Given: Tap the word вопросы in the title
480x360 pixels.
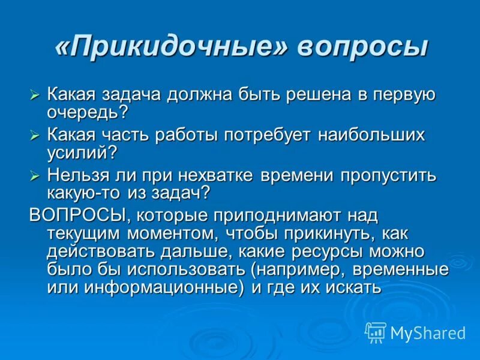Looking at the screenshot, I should click(x=362, y=47).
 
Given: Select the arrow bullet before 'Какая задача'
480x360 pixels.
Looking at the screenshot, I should click(x=35, y=95).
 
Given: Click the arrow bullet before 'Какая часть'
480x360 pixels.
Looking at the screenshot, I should click(x=35, y=136).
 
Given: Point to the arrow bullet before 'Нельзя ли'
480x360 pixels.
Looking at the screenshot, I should click(x=35, y=176).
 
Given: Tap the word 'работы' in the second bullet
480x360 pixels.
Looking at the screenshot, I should click(x=185, y=136).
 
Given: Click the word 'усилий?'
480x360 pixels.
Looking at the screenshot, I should click(x=82, y=152).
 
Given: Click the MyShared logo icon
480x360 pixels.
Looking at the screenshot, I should click(x=376, y=332).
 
